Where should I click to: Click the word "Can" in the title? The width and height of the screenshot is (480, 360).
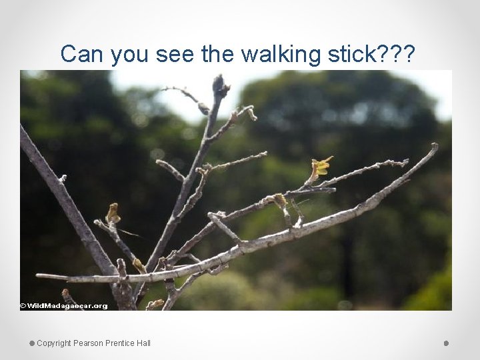82,53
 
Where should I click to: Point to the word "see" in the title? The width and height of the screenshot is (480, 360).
175,53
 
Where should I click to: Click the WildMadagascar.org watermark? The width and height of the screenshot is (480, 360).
64,306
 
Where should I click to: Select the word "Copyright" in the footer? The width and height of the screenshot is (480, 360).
54,343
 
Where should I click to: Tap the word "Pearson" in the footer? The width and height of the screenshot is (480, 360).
88,343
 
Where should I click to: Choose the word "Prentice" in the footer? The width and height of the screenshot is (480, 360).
120,343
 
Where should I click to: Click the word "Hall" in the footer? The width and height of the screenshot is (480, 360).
143,343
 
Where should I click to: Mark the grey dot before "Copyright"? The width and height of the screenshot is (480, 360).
31,343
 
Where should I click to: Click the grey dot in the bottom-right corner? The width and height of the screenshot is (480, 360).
446,343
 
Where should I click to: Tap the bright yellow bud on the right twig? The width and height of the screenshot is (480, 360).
321,166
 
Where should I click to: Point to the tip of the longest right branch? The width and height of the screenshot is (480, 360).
435,147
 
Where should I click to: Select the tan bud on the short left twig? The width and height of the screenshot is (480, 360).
113,213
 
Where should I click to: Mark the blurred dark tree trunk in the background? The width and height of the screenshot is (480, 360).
347,267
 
